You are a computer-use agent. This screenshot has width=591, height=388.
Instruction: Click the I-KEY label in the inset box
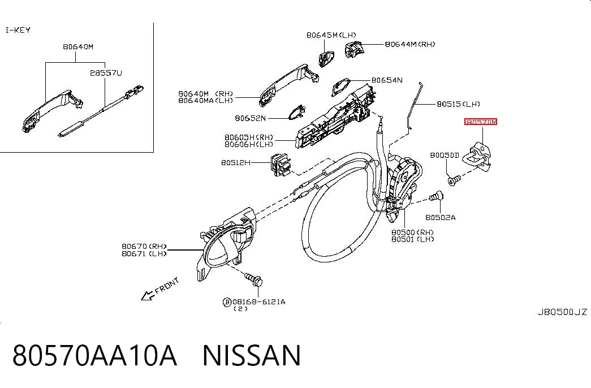point(18,30)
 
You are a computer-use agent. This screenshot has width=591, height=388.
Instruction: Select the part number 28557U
point(106,73)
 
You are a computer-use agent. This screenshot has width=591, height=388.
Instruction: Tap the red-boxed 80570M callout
point(481,122)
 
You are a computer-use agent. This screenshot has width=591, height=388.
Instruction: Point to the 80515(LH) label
point(458,104)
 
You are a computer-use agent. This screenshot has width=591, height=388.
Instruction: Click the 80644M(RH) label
point(410,44)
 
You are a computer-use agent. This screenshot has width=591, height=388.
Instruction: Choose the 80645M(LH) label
point(331,35)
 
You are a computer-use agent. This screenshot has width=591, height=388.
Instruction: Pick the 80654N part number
point(387,80)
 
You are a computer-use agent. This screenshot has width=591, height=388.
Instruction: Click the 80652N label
point(251,118)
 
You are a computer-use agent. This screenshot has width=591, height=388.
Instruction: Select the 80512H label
point(236,162)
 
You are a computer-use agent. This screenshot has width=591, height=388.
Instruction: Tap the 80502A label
point(440,217)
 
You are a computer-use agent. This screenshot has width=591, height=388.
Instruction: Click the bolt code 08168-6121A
point(259,301)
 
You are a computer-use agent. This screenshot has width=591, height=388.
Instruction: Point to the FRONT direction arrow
point(148,296)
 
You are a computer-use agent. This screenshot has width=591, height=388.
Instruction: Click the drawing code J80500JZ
point(562,312)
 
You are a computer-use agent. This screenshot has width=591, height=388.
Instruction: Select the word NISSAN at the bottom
point(252,355)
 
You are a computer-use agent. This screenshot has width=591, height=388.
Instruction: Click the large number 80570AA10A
point(94,355)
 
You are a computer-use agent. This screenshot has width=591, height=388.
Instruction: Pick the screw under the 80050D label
point(454,180)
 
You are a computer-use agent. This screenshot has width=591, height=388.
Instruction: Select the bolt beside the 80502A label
point(435,197)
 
